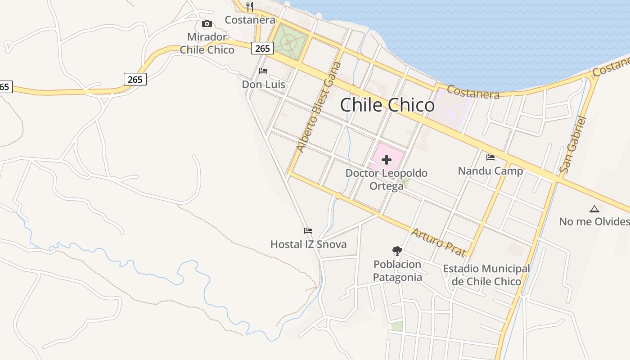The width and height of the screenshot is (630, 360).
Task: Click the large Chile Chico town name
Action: (x=387, y=105)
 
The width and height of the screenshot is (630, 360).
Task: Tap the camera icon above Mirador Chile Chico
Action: (x=207, y=24)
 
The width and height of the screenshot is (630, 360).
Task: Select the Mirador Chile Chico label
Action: (x=207, y=43)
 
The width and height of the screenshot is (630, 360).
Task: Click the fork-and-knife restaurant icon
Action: (x=250, y=7)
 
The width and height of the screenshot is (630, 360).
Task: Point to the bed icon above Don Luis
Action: (x=263, y=71)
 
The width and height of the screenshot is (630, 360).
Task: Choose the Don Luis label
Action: (x=263, y=85)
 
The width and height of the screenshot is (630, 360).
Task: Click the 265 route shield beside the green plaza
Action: (x=262, y=48)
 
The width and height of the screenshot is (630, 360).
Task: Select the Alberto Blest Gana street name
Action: (x=319, y=108)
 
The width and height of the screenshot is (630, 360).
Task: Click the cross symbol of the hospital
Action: (x=387, y=159)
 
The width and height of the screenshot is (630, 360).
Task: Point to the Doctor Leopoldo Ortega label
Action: (x=387, y=179)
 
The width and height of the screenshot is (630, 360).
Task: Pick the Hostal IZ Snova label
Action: (x=308, y=244)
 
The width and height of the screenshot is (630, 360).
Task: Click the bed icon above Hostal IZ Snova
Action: (x=308, y=231)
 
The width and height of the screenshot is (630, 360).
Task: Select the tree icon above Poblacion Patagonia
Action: (x=397, y=251)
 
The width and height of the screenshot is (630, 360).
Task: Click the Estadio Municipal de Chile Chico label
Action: (x=486, y=275)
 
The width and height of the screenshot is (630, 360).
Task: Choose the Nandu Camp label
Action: (x=490, y=171)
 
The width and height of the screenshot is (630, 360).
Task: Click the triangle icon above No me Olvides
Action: (x=594, y=209)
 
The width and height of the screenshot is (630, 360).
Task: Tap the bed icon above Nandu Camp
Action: (x=490, y=157)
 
